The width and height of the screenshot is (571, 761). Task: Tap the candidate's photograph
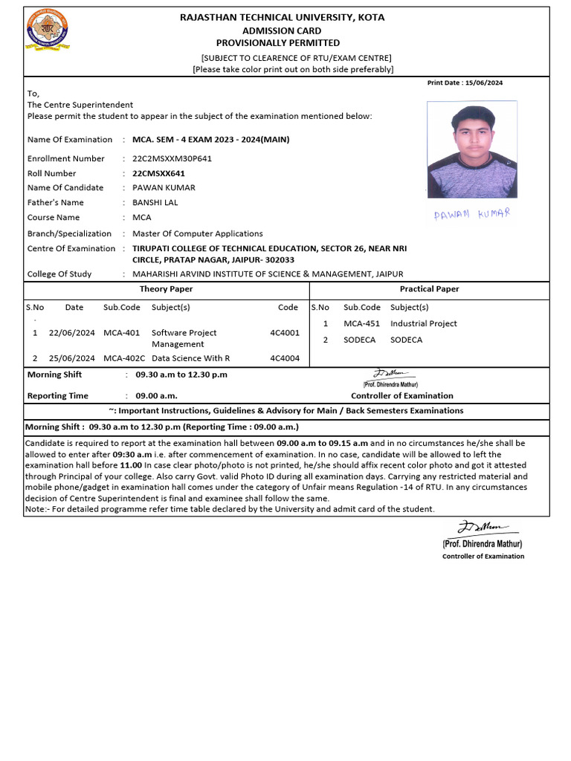point(472,149)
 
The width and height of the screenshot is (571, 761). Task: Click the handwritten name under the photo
point(471,214)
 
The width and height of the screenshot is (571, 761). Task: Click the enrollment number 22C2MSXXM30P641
point(172,158)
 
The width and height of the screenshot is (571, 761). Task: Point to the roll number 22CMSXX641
point(158,173)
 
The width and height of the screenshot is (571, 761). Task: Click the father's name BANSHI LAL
point(155,202)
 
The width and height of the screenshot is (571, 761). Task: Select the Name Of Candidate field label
point(65,188)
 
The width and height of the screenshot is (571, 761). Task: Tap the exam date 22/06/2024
point(71,333)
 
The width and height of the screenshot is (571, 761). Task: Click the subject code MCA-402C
point(124,358)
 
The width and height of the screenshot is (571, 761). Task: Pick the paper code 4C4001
point(285,333)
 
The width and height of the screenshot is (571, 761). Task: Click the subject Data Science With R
point(190,358)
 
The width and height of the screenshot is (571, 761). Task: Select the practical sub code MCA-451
point(361,324)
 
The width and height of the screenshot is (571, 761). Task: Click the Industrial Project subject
point(424,324)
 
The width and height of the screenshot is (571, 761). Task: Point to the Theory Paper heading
point(166,289)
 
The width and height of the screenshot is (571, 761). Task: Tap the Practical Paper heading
point(429,289)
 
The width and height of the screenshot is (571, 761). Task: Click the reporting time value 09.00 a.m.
point(156,396)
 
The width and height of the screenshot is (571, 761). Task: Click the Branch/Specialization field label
point(69,233)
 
